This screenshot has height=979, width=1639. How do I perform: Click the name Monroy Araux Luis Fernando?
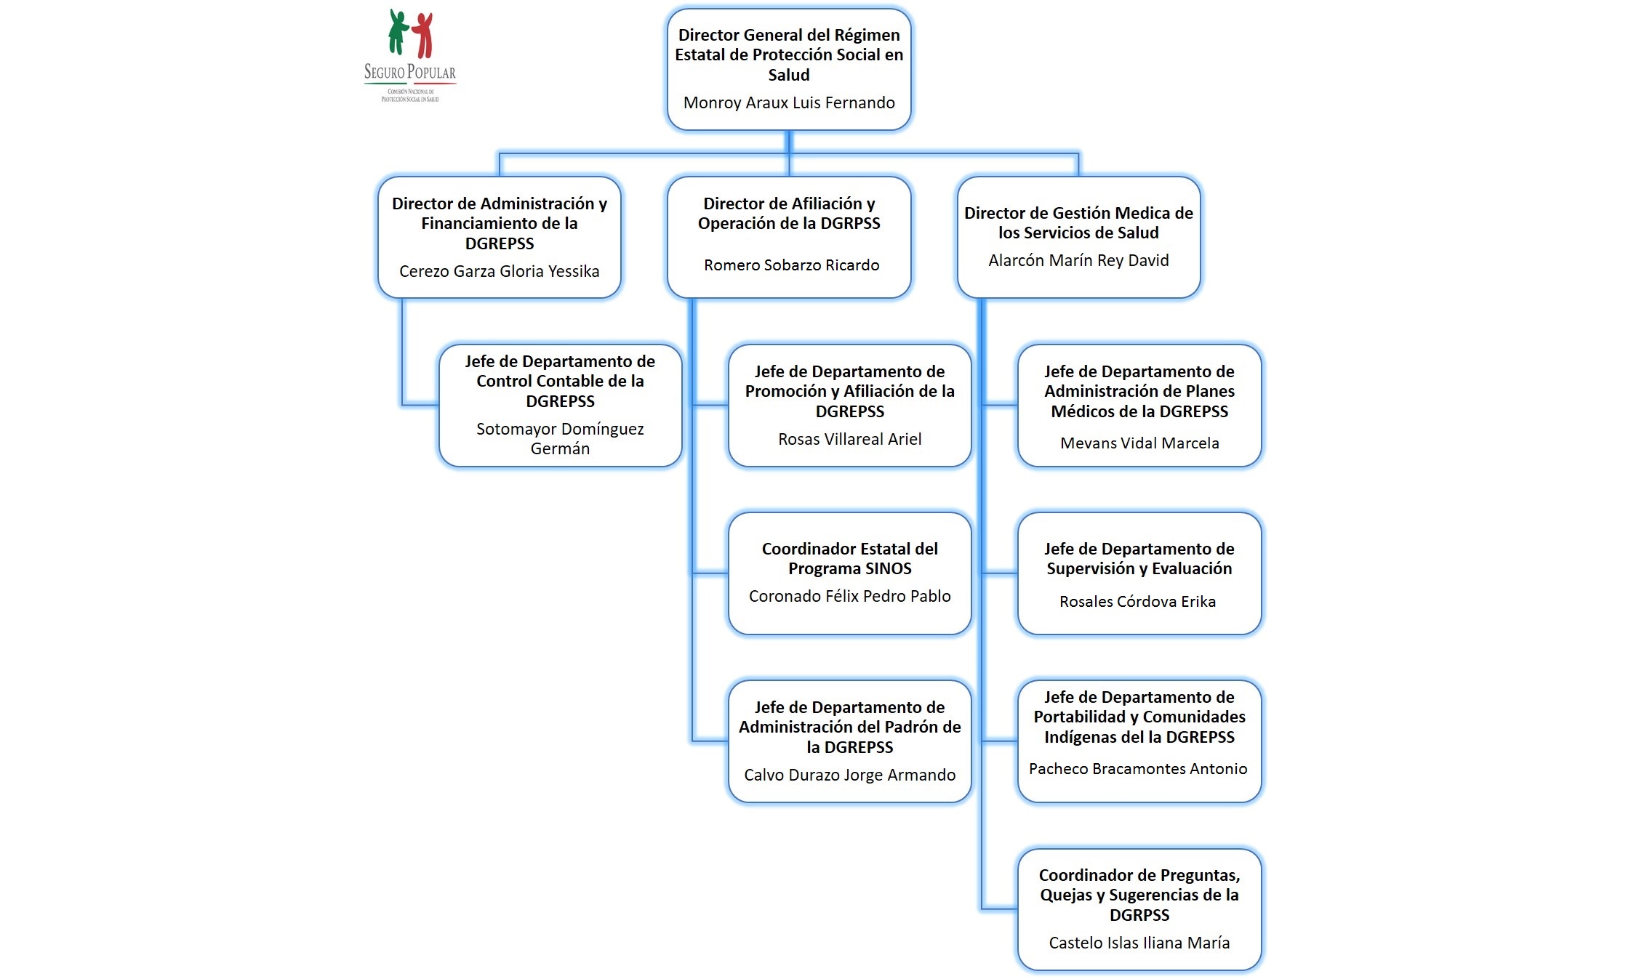[x=789, y=102]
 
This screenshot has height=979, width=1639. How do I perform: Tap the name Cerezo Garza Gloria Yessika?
[x=499, y=271]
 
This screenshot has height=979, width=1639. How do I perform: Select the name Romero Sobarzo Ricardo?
[x=791, y=265]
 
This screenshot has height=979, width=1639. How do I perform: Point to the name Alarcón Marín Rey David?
[x=1078, y=260]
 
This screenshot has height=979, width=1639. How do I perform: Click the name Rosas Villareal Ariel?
[x=849, y=439]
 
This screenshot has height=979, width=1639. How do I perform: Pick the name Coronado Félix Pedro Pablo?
[x=849, y=596]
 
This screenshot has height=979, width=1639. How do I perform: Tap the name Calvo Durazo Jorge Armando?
[x=849, y=775]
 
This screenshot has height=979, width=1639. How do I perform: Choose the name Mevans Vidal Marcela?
[x=1139, y=443]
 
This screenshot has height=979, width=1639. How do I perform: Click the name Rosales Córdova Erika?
[x=1137, y=601]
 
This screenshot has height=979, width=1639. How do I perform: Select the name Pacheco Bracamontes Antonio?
[x=1138, y=768]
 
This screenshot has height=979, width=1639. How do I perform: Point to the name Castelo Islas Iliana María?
[x=1139, y=943]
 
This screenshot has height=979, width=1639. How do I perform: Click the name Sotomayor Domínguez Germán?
[x=560, y=438]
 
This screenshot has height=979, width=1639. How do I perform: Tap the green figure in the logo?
[x=397, y=32]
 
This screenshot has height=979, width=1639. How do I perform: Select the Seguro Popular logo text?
[x=410, y=72]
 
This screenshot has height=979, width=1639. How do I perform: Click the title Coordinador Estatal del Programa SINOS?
[x=849, y=558]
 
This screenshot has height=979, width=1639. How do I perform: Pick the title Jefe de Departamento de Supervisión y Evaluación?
[x=1139, y=558]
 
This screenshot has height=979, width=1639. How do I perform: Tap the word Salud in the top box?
[x=789, y=75]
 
